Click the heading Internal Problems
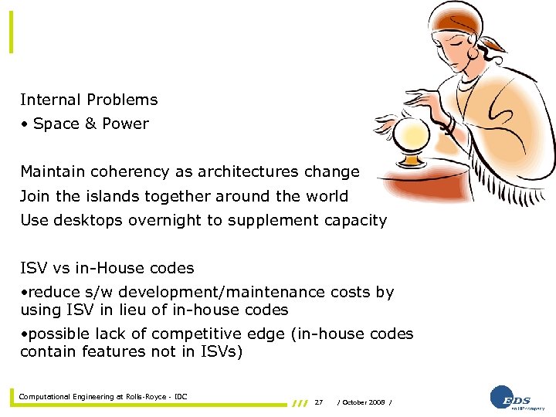pyautogui.click(x=89, y=100)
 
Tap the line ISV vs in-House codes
pyautogui.click(x=107, y=269)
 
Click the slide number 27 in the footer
pyautogui.click(x=319, y=402)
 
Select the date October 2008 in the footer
pyautogui.click(x=365, y=402)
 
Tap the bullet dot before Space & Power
pyautogui.click(x=25, y=124)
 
